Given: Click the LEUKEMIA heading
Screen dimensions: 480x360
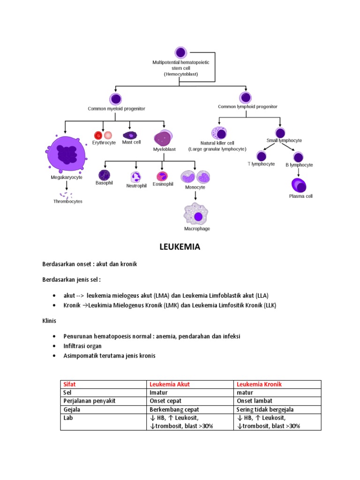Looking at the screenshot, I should [180, 247].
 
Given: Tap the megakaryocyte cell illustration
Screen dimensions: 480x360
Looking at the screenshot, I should [66, 153].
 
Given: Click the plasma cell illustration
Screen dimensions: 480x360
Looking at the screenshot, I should [299, 185].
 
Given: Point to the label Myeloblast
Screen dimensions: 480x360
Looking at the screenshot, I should [164, 149].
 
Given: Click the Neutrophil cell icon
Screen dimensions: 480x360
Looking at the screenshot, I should [136, 177].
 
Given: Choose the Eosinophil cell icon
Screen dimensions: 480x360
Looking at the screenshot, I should [162, 176].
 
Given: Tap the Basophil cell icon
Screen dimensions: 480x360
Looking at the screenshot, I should [104, 175].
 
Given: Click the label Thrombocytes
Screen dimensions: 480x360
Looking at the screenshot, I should [67, 202].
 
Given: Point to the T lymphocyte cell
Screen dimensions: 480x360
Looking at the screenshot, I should [262, 156].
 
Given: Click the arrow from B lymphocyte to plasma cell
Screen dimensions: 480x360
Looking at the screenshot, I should [299, 172].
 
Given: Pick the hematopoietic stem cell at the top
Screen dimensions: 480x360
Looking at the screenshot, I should [180, 52].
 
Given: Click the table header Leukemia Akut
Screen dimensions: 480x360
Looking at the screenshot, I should [169, 384].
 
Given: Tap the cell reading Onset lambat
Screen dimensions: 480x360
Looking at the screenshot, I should [255, 401].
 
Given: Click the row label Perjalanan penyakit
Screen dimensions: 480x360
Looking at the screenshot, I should [89, 401].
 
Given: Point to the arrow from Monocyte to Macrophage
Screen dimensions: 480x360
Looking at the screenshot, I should [195, 195].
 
